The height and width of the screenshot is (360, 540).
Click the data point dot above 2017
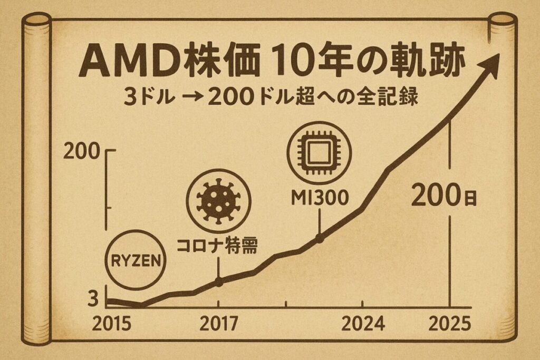click(219, 282)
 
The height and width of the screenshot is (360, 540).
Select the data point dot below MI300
click(319, 239)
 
